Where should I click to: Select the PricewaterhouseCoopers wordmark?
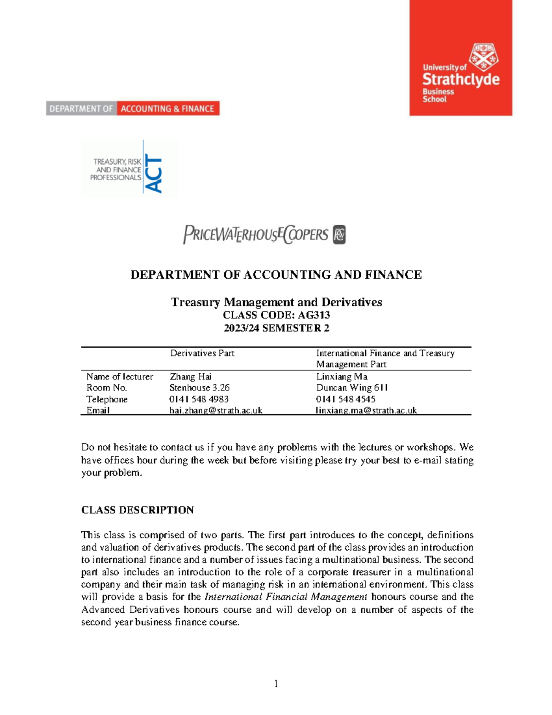click(x=256, y=235)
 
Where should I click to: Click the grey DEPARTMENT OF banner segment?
click(x=81, y=109)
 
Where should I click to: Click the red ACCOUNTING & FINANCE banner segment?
click(x=168, y=109)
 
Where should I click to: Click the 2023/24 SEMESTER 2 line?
click(x=276, y=328)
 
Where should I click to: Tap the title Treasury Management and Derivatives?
click(x=276, y=302)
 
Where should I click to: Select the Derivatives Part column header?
click(x=202, y=353)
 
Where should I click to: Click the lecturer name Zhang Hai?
click(x=190, y=377)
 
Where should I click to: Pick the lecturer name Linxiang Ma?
click(x=342, y=377)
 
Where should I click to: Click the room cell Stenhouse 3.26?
click(x=199, y=388)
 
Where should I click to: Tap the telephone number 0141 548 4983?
click(x=199, y=399)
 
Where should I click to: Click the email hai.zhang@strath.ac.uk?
click(x=216, y=410)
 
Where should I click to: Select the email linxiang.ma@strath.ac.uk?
click(x=366, y=410)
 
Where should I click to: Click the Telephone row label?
click(x=107, y=399)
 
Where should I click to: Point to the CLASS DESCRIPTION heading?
click(x=137, y=510)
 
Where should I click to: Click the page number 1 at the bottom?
click(x=276, y=684)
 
